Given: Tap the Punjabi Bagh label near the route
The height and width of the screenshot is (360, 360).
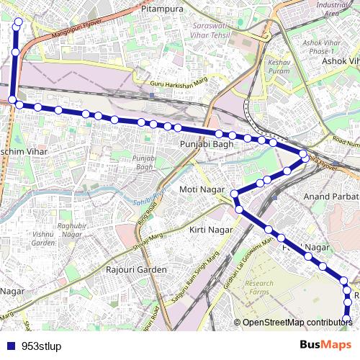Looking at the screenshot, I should click(204, 144).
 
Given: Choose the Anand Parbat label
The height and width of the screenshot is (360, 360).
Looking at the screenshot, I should click(330, 196).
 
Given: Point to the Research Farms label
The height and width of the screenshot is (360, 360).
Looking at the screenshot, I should click(259, 288).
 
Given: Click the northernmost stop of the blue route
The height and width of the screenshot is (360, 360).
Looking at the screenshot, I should click(18, 23).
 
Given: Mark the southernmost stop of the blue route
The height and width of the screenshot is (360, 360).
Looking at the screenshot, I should click(347, 318).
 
